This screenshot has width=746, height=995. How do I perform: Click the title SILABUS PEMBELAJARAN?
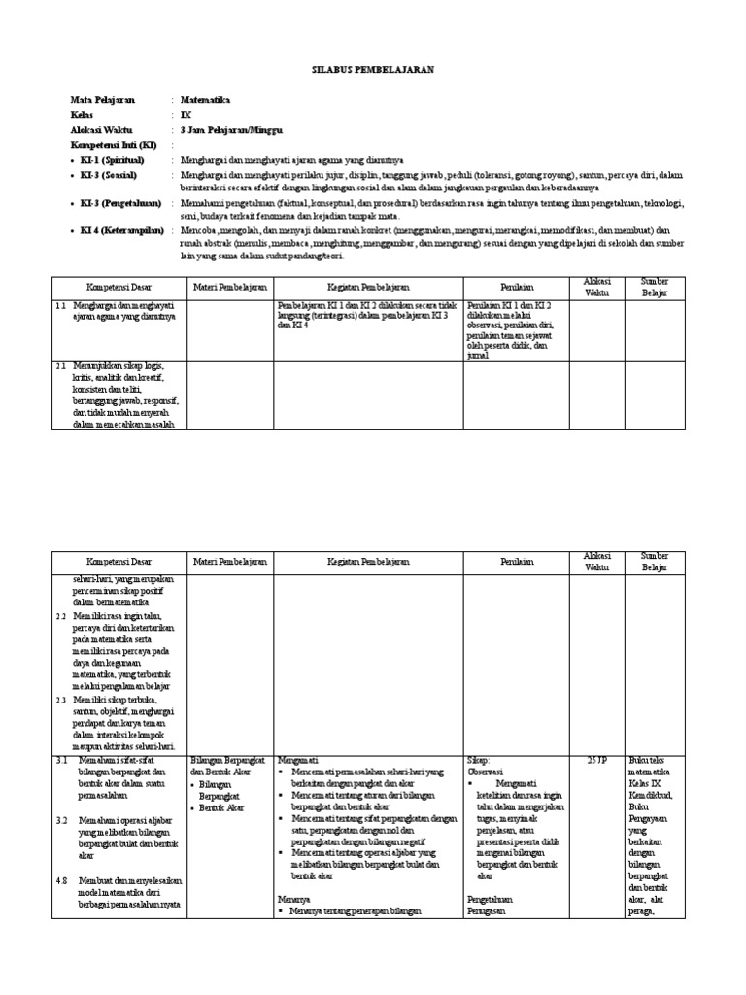point(372,71)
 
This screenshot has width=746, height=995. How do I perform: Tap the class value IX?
point(186,115)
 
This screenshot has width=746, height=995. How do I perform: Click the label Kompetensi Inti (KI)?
point(108,144)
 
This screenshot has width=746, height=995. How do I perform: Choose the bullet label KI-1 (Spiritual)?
point(114,158)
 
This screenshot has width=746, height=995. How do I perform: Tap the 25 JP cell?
point(596,760)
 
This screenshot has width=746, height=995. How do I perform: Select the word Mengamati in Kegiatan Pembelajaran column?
point(298,760)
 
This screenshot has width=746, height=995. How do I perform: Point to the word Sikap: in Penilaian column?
point(481,760)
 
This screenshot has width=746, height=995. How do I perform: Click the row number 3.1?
point(60,760)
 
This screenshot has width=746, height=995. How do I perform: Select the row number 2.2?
point(60,616)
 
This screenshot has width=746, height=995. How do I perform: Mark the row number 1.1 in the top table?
point(60,305)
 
